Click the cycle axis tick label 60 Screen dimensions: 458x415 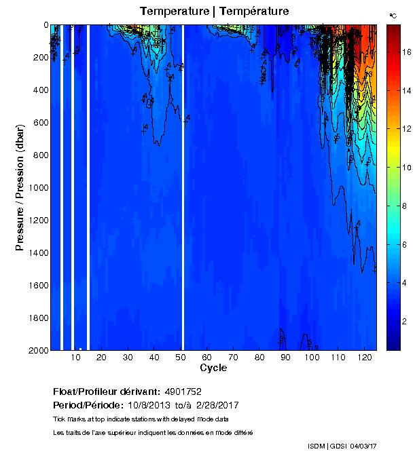(206, 357)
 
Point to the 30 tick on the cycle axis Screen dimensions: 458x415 (128, 357)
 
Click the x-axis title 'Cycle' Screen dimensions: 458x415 (213, 368)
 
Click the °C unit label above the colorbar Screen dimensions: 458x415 (393, 14)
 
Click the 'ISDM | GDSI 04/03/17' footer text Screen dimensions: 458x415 (342, 446)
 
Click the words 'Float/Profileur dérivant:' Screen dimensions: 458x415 (107, 392)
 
